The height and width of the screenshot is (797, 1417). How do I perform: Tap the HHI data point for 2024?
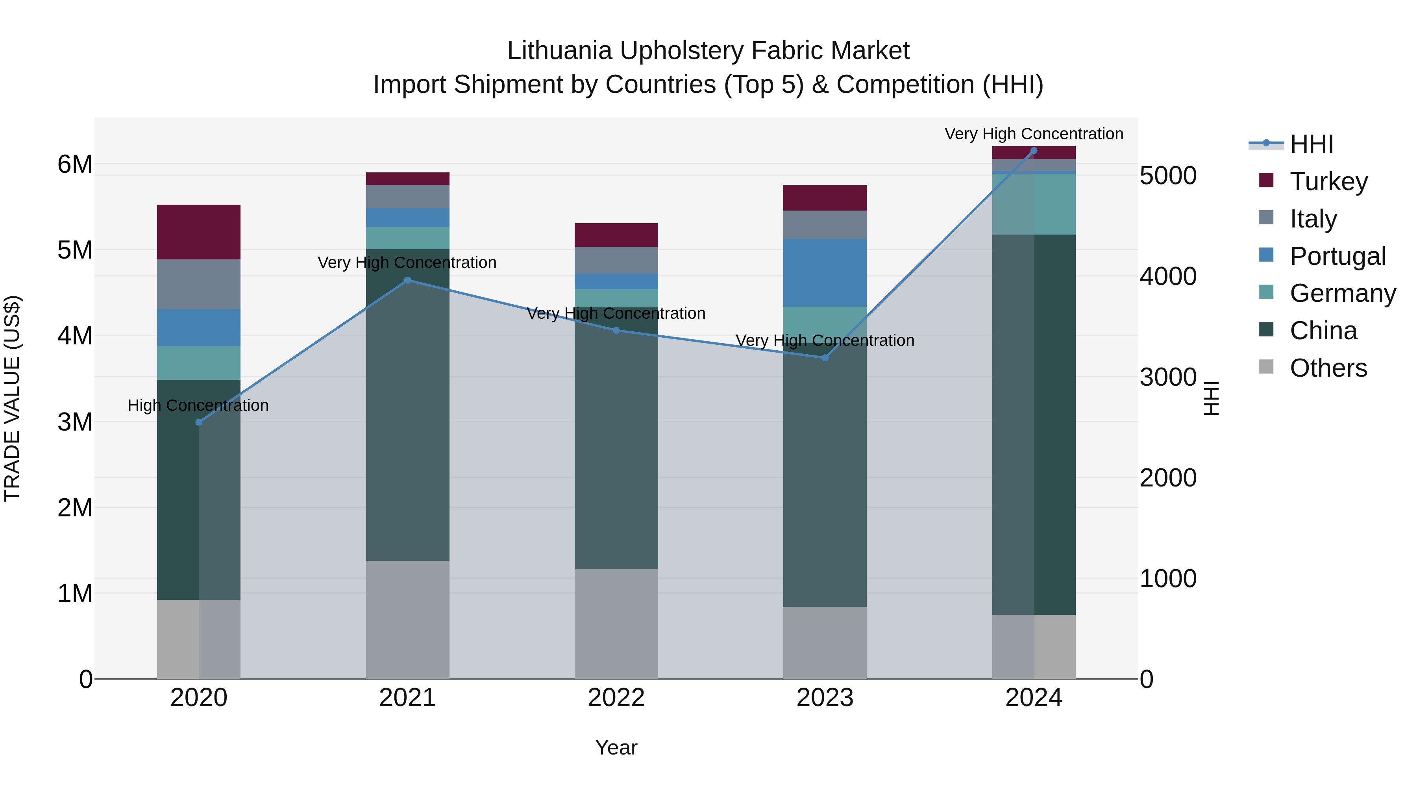point(1034,151)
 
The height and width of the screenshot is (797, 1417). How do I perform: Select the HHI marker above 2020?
point(199,422)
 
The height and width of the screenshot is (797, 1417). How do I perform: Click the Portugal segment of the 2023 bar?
point(825,273)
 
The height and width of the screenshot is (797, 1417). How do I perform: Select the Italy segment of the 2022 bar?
point(616,260)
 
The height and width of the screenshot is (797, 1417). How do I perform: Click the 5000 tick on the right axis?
point(1168,176)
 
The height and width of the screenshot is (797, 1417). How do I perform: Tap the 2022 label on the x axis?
point(616,698)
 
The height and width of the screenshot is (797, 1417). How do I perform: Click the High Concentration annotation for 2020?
point(198,405)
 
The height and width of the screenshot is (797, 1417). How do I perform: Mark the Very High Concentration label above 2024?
point(1034,134)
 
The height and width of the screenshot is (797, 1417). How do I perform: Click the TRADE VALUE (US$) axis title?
point(12,398)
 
